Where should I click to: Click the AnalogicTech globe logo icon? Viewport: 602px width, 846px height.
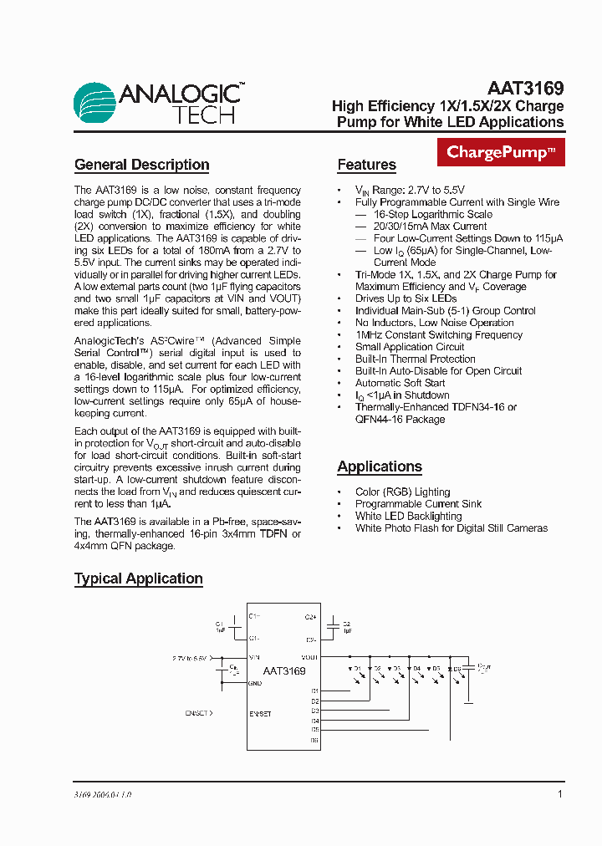(95, 104)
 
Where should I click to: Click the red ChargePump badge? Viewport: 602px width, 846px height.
(501, 153)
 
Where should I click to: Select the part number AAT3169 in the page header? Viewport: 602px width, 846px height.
(525, 88)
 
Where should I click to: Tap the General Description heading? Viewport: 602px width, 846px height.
(141, 165)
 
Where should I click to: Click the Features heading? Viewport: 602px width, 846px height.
(366, 165)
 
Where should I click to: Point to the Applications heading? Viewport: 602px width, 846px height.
(380, 466)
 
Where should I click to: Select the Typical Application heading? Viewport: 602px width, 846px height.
(139, 578)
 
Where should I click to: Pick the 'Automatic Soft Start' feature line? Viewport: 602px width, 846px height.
(400, 383)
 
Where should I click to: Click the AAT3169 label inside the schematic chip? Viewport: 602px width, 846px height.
(284, 670)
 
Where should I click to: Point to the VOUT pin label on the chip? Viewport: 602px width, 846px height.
(309, 658)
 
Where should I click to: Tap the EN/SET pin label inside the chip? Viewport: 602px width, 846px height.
(260, 714)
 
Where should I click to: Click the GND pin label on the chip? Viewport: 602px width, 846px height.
(255, 683)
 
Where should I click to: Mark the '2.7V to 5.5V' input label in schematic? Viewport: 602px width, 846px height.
(191, 659)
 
